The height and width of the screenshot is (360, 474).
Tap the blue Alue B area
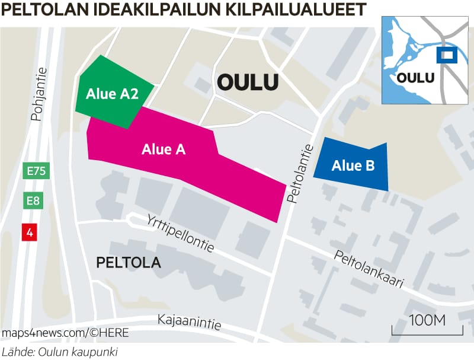pyautogui.click(x=353, y=165)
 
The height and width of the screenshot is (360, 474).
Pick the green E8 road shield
pyautogui.click(x=33, y=201)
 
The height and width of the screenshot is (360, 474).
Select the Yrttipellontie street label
pyautogui.click(x=180, y=232)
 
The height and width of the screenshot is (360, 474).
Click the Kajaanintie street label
pyautogui.click(x=190, y=322)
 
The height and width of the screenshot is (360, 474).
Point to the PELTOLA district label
pyautogui.click(x=129, y=262)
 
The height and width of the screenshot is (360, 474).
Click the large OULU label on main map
pyautogui.click(x=248, y=82)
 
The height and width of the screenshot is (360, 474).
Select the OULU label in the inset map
pyautogui.click(x=415, y=77)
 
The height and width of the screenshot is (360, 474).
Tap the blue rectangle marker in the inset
pyautogui.click(x=445, y=55)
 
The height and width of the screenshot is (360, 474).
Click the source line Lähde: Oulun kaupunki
pyautogui.click(x=59, y=352)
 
